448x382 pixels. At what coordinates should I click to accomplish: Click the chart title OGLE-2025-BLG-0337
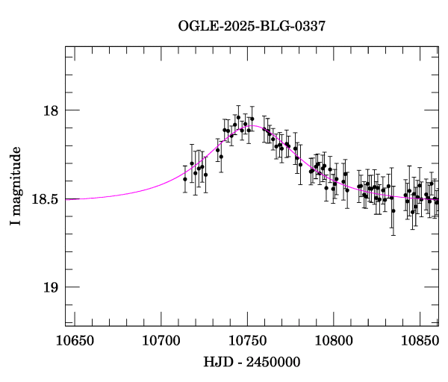tap(252, 26)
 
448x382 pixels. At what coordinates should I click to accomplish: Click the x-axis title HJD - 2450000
tap(252, 362)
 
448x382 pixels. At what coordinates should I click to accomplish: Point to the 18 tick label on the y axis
tap(50, 110)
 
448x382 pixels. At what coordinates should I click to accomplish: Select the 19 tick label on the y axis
tap(50, 287)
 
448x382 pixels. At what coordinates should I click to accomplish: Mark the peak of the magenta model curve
tap(254, 126)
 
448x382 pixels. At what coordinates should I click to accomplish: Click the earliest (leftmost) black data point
tap(184, 179)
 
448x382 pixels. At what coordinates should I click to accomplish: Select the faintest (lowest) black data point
tap(393, 211)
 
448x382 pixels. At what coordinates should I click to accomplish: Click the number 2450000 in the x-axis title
tap(272, 362)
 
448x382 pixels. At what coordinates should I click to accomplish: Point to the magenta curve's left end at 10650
tap(66, 199)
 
